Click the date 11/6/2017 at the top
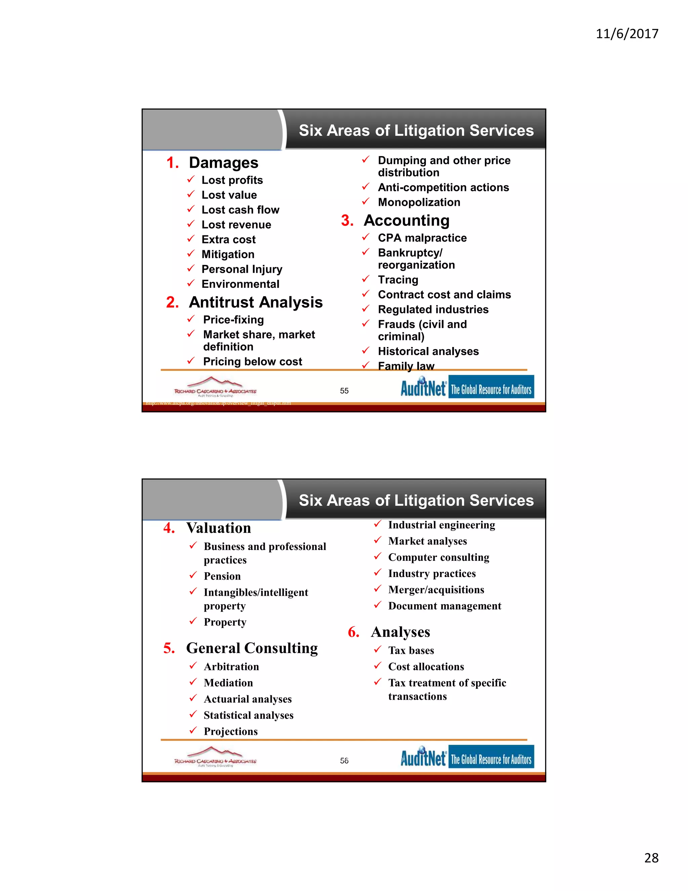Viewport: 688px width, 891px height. (627, 33)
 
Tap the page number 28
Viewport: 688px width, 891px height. (651, 858)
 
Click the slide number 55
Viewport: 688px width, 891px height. (344, 391)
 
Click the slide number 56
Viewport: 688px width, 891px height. (344, 761)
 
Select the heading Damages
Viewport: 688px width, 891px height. (223, 163)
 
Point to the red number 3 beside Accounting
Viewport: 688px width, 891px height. (347, 221)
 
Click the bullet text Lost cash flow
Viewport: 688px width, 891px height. (240, 210)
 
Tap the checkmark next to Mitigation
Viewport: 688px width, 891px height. (191, 254)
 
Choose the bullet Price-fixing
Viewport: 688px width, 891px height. (233, 320)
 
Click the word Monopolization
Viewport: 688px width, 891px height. (419, 202)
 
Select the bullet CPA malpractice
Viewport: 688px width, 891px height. (422, 238)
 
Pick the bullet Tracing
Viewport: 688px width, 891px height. (398, 280)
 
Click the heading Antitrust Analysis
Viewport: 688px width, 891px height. (256, 302)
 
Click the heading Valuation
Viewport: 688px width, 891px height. (218, 528)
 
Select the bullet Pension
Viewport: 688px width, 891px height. (222, 576)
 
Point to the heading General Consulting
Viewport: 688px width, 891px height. (252, 648)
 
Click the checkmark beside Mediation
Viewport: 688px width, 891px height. (193, 682)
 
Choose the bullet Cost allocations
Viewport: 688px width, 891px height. (426, 667)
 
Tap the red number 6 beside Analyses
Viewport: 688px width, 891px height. (353, 632)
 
